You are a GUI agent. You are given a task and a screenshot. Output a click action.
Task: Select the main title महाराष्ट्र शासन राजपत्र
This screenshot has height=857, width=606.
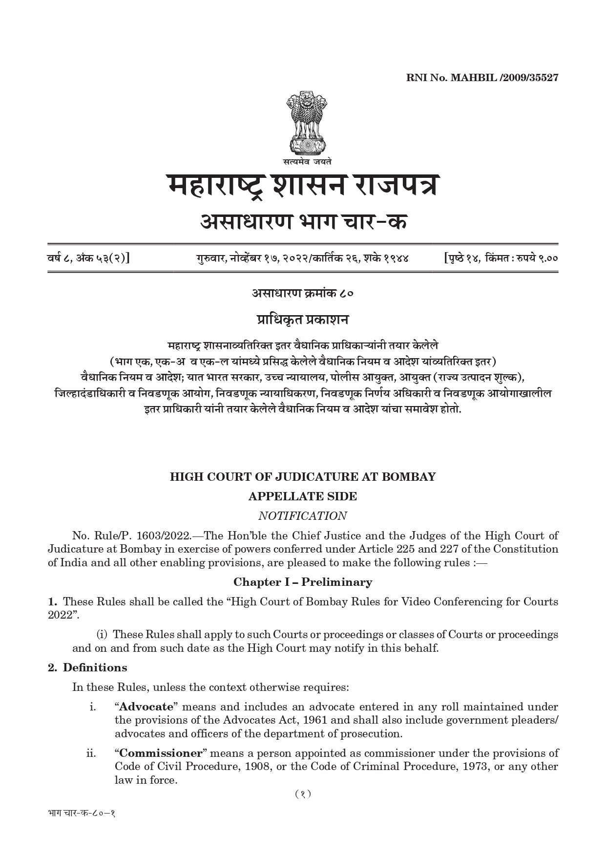point(303,187)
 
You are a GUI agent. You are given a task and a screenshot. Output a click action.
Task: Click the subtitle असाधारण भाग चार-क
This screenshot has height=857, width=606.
point(303,223)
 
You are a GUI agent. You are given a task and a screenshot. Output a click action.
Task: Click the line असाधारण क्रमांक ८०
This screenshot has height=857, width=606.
point(303,293)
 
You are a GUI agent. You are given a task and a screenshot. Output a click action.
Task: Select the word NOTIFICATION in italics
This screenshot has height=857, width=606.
point(303,516)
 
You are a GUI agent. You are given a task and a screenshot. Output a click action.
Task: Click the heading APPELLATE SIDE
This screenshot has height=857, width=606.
point(303,496)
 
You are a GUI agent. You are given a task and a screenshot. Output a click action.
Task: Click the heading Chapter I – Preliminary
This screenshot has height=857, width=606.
point(303,582)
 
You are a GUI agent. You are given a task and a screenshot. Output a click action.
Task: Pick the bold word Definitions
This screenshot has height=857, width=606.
point(95,667)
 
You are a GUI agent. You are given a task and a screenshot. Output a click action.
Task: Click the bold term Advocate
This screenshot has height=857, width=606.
point(146,707)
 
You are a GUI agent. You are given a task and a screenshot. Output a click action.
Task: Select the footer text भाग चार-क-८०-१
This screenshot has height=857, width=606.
point(82,814)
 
